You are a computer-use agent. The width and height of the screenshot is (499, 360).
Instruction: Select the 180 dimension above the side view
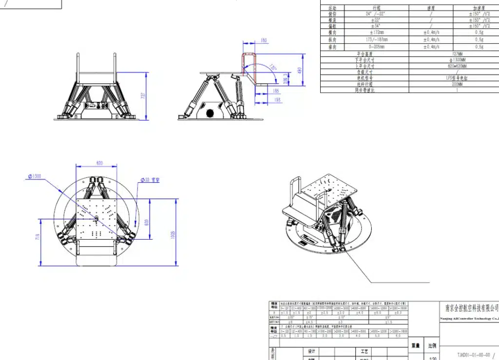pos(264,40)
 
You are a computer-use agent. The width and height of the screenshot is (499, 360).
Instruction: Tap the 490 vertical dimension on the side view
pos(300,72)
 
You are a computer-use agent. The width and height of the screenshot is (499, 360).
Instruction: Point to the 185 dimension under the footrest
pos(276,91)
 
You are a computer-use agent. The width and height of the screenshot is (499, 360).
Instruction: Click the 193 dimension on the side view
pos(277,100)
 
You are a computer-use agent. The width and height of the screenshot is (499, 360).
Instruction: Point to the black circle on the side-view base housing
pos(210,114)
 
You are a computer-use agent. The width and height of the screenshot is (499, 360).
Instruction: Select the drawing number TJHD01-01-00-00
pos(474,355)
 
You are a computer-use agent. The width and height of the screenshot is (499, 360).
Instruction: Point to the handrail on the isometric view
pos(295,192)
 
